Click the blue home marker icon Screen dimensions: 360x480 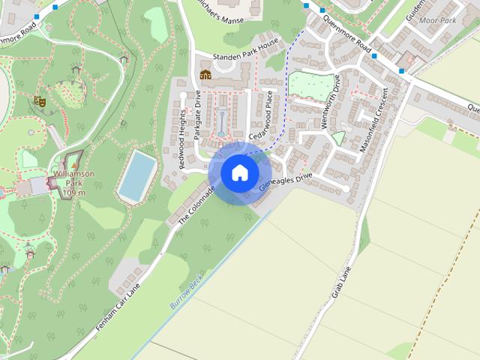tap(239, 172)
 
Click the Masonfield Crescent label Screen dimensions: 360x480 tap(374, 121)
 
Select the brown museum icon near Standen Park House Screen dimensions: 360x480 tap(205, 74)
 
